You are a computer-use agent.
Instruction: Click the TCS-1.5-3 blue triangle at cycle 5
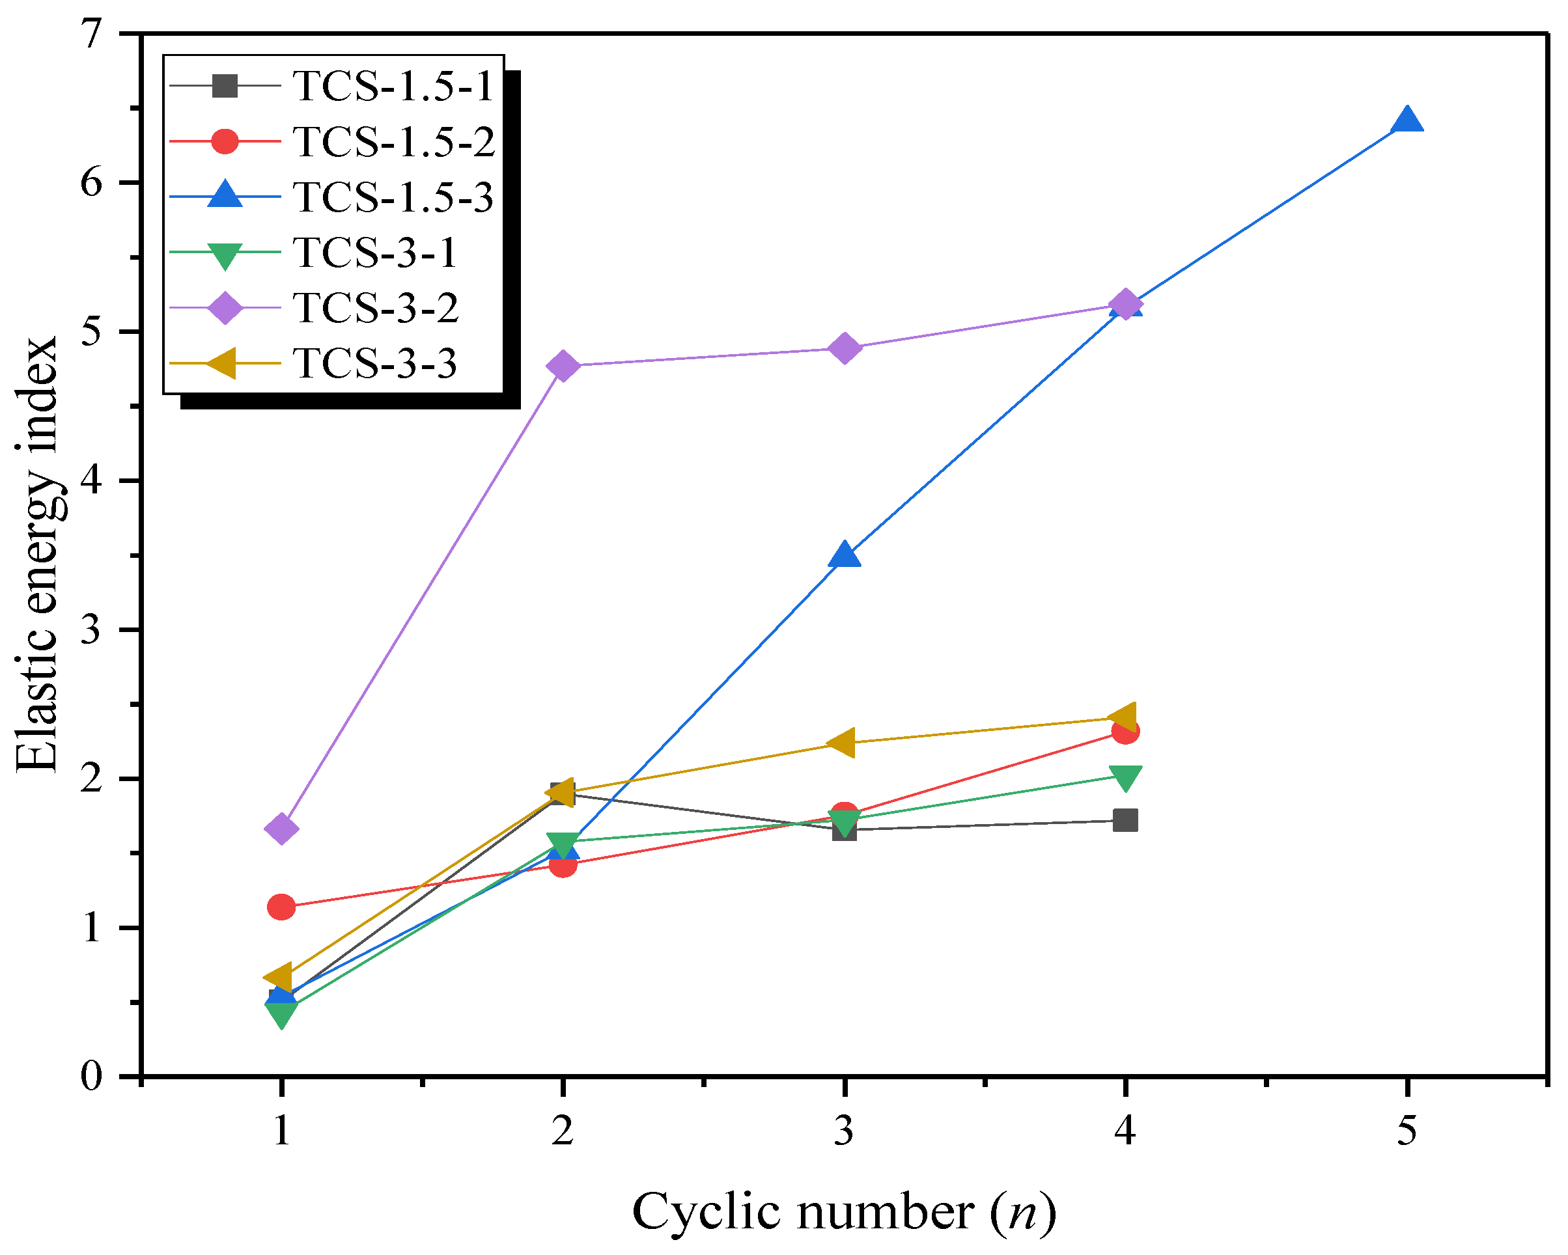(1407, 120)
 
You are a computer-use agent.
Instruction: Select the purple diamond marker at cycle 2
(562, 365)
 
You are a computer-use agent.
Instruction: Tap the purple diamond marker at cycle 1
(281, 828)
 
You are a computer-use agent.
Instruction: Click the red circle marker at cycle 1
(281, 907)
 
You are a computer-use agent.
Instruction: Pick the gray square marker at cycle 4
(1125, 820)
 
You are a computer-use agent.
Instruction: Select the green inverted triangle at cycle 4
(1125, 777)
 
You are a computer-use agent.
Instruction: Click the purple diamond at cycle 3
(845, 348)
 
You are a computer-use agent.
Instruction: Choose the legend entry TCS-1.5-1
(393, 86)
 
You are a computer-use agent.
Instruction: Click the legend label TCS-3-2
(375, 308)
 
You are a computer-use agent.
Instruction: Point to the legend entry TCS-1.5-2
(393, 141)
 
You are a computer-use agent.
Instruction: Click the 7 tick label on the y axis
(92, 34)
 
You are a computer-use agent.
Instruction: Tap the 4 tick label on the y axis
(92, 480)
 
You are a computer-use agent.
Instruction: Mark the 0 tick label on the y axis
(92, 1075)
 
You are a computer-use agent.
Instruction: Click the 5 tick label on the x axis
(1407, 1130)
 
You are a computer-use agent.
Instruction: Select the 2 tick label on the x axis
(562, 1130)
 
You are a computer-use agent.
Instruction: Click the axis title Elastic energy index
(36, 554)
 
